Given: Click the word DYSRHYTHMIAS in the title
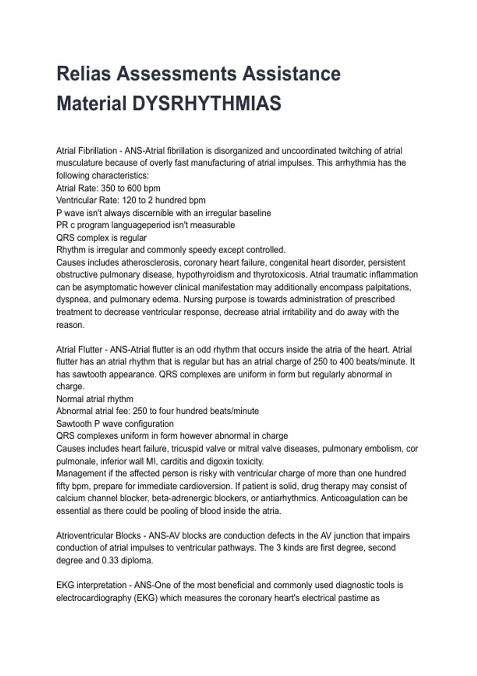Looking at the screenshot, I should [206, 103].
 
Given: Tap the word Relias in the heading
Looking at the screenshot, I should [83, 74].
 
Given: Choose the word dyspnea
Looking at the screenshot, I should [72, 299].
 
